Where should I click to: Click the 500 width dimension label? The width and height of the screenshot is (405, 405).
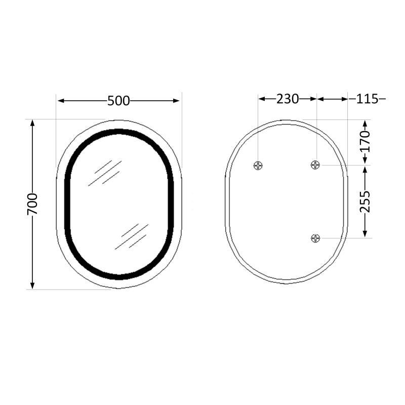(x=118, y=101)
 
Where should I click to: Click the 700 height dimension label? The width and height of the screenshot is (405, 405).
(x=32, y=204)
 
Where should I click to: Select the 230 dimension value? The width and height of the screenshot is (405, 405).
(x=287, y=99)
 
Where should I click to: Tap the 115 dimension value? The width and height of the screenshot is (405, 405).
(x=367, y=99)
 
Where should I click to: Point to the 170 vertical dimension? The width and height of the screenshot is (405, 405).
(x=366, y=142)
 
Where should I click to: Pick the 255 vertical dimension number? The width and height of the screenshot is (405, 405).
(x=366, y=201)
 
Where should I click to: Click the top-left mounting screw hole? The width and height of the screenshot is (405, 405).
(x=258, y=165)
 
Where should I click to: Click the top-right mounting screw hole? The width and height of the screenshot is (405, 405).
(x=316, y=165)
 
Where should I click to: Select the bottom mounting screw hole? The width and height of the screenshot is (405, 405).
(x=316, y=238)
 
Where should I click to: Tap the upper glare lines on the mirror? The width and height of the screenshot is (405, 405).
(x=105, y=173)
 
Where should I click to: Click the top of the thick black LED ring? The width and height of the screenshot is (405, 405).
(x=119, y=132)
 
